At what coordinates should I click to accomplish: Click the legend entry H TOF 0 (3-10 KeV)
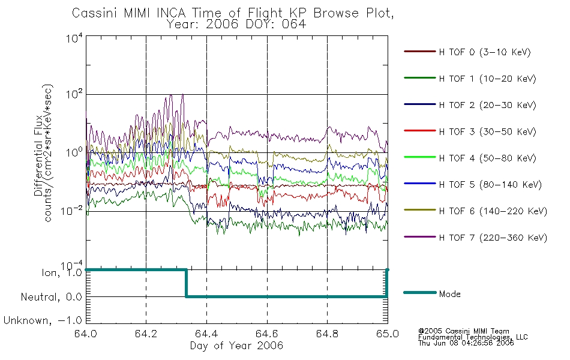click(x=485, y=52)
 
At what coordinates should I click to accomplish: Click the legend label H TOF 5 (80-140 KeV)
click(x=490, y=185)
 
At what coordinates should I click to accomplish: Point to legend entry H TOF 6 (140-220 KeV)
click(x=492, y=211)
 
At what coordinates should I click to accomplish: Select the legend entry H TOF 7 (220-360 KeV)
click(x=492, y=238)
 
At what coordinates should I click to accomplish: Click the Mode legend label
click(x=449, y=294)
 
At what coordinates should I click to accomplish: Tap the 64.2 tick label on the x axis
click(x=146, y=335)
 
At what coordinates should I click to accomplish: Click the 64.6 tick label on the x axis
click(x=267, y=335)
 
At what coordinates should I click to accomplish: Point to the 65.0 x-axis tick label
click(x=387, y=335)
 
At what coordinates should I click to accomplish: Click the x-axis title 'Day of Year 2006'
click(x=236, y=346)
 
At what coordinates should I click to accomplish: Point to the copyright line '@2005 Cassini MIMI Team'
click(x=463, y=331)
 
